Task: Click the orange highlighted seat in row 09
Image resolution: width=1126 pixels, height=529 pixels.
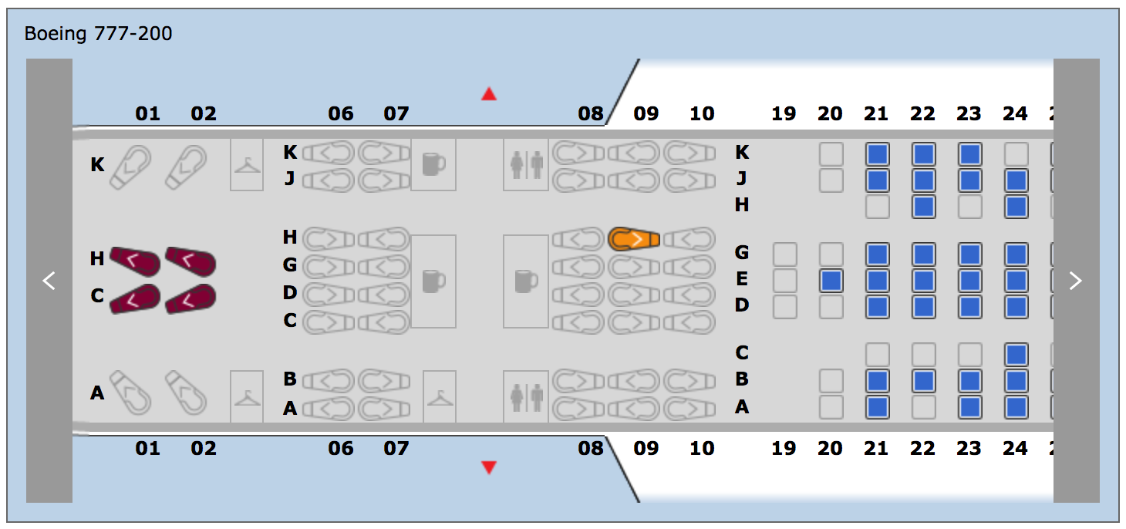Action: (x=634, y=239)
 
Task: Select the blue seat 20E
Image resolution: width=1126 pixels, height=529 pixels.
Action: (x=831, y=280)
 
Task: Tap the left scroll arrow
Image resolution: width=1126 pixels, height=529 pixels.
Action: (x=49, y=281)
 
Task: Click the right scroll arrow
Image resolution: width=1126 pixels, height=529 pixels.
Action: (x=1076, y=281)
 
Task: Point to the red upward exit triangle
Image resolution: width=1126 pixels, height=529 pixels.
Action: (x=488, y=94)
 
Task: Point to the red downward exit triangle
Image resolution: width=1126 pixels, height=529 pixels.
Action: (x=488, y=467)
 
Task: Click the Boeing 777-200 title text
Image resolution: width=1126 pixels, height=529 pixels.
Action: (x=99, y=34)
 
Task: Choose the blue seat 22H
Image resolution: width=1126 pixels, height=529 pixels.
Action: (x=923, y=207)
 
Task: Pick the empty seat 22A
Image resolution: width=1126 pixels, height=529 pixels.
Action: (x=923, y=406)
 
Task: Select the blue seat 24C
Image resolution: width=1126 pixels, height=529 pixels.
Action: (x=1016, y=355)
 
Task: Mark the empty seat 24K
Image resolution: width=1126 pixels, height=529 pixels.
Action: (x=1016, y=154)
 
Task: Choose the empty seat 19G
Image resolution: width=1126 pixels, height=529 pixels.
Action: (x=784, y=254)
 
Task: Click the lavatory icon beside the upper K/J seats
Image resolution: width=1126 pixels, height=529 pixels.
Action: (x=526, y=164)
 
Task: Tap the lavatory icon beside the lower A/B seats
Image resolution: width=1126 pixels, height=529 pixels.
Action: (x=526, y=397)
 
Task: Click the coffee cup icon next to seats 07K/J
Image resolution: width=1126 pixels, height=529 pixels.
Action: (x=433, y=164)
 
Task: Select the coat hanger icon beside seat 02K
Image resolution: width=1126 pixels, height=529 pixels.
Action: (x=247, y=164)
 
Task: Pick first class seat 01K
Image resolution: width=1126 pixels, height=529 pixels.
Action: (x=130, y=167)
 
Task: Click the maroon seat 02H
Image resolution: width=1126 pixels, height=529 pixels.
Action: (x=190, y=261)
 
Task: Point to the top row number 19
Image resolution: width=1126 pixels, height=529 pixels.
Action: (x=784, y=114)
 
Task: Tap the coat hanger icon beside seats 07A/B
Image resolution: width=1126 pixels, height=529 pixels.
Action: (x=440, y=397)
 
